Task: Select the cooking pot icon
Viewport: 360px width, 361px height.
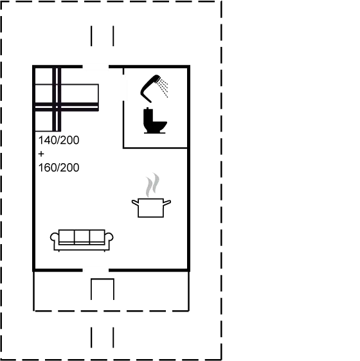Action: tap(151, 207)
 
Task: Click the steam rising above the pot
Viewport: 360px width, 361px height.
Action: tap(152, 184)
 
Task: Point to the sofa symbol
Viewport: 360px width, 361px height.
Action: tap(82, 240)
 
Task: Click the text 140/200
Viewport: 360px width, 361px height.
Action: tap(59, 140)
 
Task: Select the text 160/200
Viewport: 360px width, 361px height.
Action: tap(59, 168)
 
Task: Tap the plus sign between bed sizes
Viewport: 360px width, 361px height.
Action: tap(41, 154)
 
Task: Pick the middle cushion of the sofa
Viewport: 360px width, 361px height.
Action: tap(82, 236)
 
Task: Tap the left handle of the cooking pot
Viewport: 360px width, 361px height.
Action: tap(135, 202)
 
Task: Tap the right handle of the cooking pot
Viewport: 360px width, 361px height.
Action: tap(167, 202)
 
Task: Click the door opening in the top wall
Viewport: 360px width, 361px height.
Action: tap(96, 67)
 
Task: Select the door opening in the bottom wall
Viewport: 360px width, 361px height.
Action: tap(96, 270)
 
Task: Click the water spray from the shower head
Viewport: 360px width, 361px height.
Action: tap(163, 87)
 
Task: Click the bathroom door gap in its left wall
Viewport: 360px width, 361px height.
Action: tap(124, 88)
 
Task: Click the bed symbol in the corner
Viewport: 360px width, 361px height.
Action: tap(66, 98)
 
